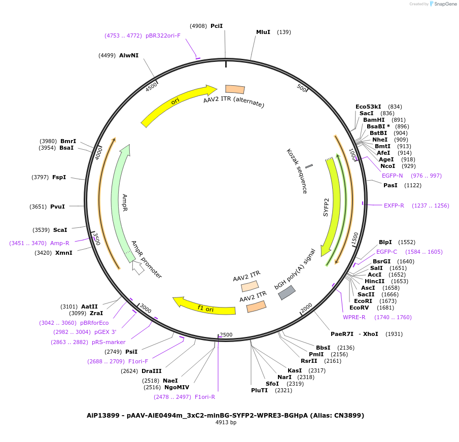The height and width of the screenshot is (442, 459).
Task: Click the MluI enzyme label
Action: coord(263,32)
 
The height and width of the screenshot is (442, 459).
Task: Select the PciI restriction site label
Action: coord(217,26)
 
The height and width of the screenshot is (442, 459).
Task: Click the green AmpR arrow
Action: coord(119,198)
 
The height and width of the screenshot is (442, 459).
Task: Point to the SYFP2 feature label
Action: coord(326,207)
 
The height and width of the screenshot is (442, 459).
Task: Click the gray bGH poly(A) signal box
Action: coord(287,292)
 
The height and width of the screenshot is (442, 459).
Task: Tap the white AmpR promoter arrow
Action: coord(136,267)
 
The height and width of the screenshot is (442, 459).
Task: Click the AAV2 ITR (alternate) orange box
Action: coord(235,89)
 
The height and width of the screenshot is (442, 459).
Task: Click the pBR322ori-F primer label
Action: coord(163,36)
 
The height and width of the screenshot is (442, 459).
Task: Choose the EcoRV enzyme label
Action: coord(359,308)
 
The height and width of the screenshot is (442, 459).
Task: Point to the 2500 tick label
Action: coord(226,335)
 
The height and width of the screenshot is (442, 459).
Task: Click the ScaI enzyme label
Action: coord(60,230)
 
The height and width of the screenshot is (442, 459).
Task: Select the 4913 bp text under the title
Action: coord(226,422)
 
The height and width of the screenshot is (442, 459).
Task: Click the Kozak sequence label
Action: coord(297,171)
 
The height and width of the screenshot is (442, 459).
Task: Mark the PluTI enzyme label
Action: coord(259,390)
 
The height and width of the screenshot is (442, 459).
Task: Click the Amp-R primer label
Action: coord(60,243)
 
